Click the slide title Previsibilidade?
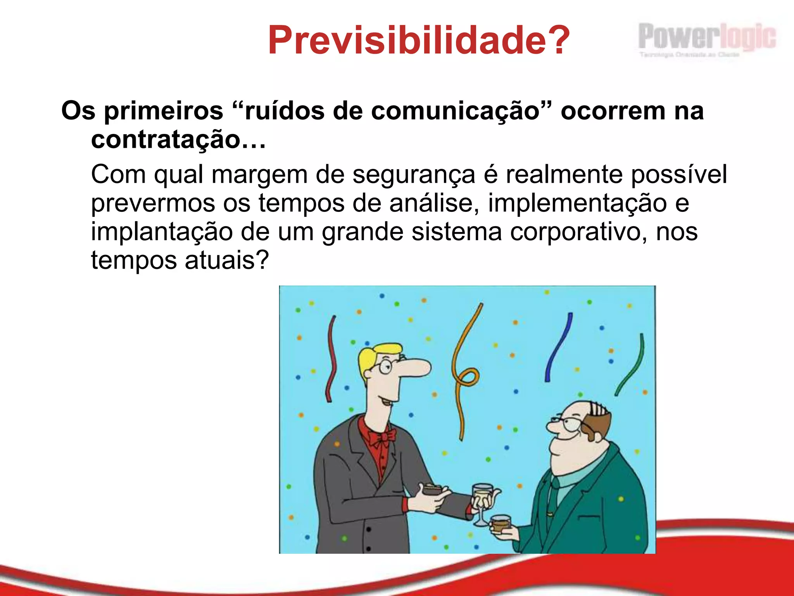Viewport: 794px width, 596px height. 419,40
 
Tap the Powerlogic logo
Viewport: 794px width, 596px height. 706,39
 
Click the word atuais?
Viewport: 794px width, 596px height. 226,260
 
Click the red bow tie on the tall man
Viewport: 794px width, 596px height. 381,438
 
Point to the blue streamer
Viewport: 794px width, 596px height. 558,347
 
